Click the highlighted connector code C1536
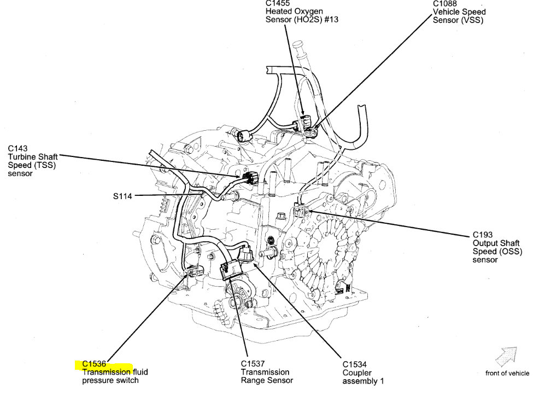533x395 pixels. point(94,364)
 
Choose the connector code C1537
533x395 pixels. point(253,364)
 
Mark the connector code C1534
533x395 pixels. point(355,364)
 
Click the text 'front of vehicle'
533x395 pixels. point(507,374)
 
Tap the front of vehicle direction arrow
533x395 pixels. point(506,356)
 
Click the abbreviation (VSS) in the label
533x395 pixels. point(473,20)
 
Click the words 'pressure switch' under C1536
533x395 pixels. point(110,380)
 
